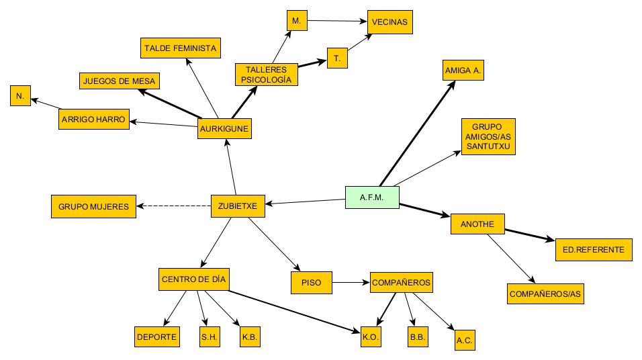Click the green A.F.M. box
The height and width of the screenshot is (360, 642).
click(372, 197)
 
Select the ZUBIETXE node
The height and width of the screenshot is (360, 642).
click(238, 206)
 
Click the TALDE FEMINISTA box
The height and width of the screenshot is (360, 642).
click(179, 48)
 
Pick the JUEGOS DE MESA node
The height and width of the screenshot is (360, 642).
click(119, 81)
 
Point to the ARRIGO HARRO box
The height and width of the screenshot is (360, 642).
click(93, 119)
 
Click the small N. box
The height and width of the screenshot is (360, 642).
click(20, 97)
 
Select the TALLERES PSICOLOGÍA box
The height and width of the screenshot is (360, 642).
click(266, 75)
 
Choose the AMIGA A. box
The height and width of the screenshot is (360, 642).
click(463, 71)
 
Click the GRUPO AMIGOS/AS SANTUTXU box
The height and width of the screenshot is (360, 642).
click(488, 137)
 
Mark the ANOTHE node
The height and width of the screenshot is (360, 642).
click(477, 224)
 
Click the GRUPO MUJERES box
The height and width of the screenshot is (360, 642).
click(93, 206)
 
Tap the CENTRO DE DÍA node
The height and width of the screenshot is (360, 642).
click(194, 279)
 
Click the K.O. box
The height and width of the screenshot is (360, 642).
click(371, 336)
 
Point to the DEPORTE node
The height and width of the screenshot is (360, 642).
click(157, 336)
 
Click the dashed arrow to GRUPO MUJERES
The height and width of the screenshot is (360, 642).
click(174, 206)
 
